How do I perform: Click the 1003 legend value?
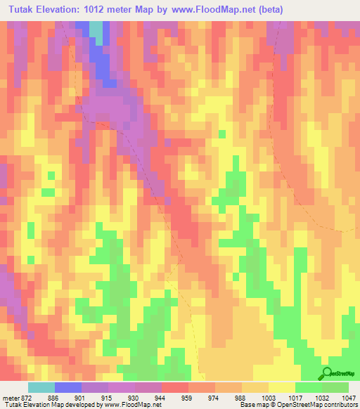pyautogui.click(x=268, y=397)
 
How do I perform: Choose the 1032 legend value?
pyautogui.click(x=322, y=397)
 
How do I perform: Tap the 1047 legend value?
pyautogui.click(x=349, y=397)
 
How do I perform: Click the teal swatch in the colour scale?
pyautogui.click(x=41, y=387)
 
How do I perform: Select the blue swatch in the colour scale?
pyautogui.click(x=68, y=387)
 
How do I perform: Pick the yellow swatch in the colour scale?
pyautogui.click(x=281, y=387)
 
